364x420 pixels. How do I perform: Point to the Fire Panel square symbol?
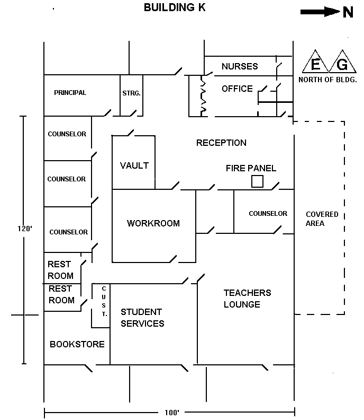click(257, 181)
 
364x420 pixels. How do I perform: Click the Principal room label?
click(70, 93)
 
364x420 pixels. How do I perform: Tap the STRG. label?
click(131, 93)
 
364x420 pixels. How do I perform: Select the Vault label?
click(134, 165)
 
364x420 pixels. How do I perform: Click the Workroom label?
click(153, 223)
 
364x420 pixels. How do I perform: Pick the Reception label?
click(221, 143)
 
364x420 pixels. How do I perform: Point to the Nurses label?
click(240, 66)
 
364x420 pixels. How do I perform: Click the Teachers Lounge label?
click(247, 299)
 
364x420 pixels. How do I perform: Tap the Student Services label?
click(142, 318)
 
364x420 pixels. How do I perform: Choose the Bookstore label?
click(77, 344)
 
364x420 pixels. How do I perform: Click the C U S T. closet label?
click(103, 301)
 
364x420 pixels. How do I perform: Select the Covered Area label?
click(322, 219)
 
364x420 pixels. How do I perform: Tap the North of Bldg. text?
click(328, 80)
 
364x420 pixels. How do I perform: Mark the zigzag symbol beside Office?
click(202, 95)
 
